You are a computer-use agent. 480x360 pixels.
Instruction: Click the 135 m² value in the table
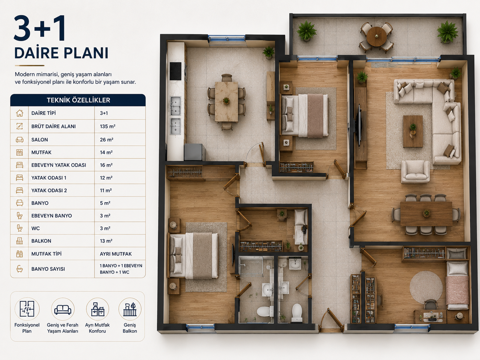pos(108,126)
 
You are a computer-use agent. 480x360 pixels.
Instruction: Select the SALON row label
pos(39,140)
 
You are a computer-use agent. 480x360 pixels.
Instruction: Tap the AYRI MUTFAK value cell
pos(116,254)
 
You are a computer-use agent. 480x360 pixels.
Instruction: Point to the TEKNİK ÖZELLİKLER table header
pos(78,100)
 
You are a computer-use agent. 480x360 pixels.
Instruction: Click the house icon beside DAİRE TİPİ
pos(20,113)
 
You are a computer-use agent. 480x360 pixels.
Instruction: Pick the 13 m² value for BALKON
pos(106,241)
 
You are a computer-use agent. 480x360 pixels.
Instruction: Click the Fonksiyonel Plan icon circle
pos(27,309)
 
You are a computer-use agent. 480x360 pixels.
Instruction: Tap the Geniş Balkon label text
pos(130,328)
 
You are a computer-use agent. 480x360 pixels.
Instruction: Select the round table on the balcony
pos(376,36)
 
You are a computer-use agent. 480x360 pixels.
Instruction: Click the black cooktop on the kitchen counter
pos(176,71)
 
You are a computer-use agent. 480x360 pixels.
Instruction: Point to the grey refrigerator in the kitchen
pos(195,152)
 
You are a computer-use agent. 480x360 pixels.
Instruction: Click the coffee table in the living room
pos(413,131)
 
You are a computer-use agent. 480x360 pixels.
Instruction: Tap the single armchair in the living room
pos(415,171)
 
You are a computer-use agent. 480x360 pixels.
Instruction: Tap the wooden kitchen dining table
pos(226,102)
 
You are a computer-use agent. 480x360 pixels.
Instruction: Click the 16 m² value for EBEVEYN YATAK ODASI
pos(106,165)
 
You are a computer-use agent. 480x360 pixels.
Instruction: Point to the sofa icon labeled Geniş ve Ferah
pos(63,309)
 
